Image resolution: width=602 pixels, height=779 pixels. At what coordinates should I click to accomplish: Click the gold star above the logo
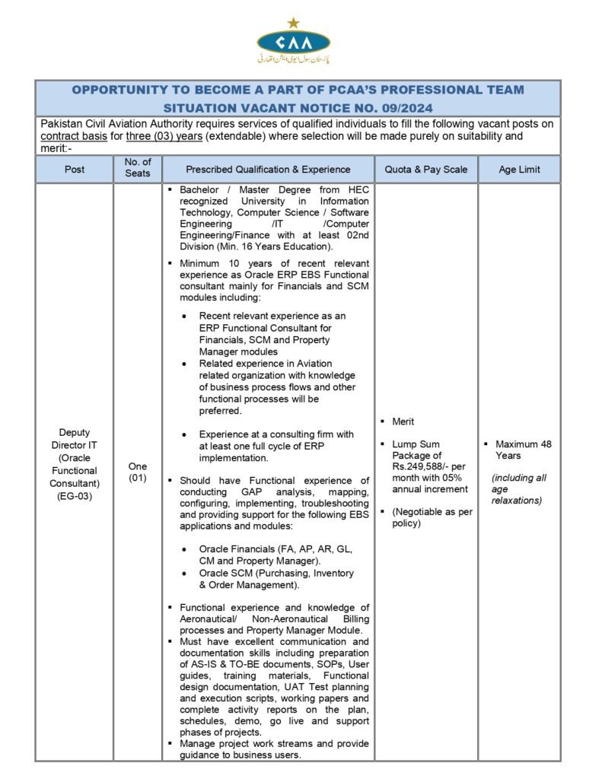click(x=294, y=23)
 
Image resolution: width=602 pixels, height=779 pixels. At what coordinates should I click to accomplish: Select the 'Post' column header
click(x=74, y=170)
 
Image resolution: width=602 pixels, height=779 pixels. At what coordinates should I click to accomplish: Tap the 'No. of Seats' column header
click(x=138, y=169)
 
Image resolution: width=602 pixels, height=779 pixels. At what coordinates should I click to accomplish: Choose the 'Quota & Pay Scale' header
click(x=426, y=170)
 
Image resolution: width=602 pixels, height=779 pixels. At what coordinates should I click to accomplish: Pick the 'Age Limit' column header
click(x=519, y=170)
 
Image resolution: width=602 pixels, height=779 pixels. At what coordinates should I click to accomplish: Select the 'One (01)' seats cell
click(x=138, y=472)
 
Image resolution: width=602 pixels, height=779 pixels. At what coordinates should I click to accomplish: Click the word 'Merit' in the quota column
click(x=404, y=421)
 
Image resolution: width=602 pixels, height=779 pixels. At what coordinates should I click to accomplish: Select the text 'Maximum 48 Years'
click(x=523, y=450)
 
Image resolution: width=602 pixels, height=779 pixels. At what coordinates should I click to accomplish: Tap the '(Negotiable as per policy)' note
click(x=432, y=517)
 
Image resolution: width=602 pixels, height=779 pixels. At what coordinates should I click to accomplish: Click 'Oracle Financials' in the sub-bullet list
click(x=236, y=548)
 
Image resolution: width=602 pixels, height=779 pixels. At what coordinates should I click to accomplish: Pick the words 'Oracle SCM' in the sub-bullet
click(x=225, y=573)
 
